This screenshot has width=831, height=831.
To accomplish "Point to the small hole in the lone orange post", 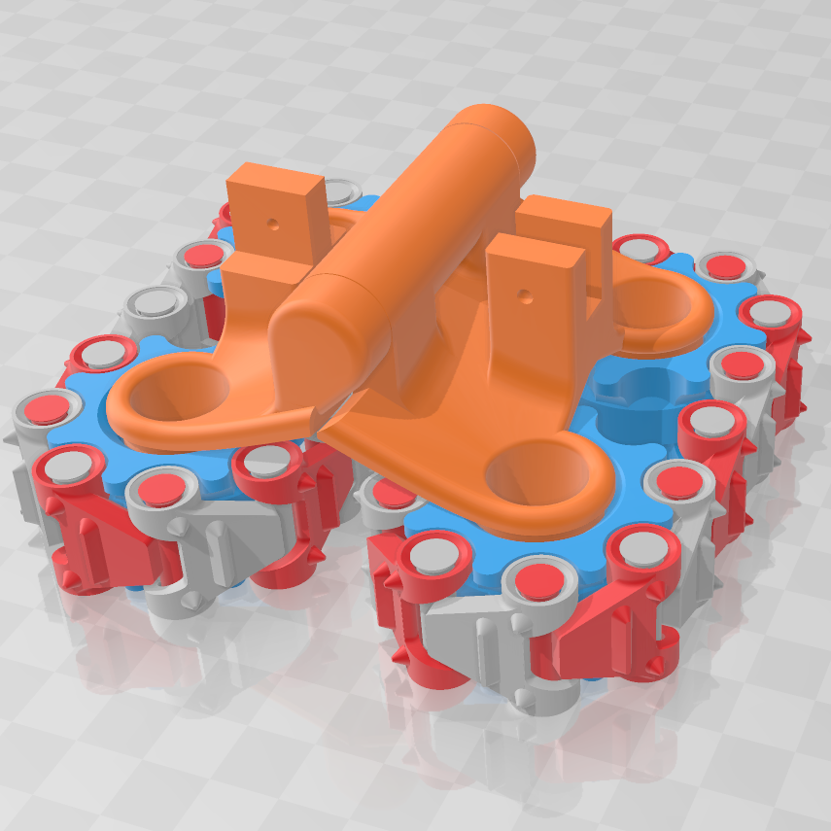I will pos(273,223).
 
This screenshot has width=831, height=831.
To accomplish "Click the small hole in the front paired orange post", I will pos(525,293).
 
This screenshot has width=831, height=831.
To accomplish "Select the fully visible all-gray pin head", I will pos(156,301).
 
